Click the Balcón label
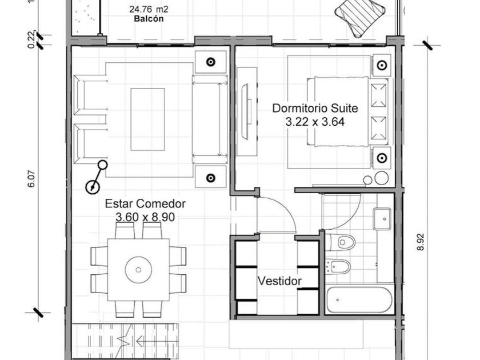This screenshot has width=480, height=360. [x=149, y=19]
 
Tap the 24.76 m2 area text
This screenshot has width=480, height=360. [x=149, y=9]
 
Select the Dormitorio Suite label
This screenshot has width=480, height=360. [x=315, y=109]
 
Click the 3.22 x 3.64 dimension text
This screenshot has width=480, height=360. [x=315, y=122]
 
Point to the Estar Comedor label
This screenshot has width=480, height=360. [x=145, y=203]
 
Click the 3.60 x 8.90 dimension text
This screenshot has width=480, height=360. [x=145, y=217]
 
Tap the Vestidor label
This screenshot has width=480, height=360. [x=279, y=281]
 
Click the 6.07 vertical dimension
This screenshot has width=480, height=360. [x=31, y=179]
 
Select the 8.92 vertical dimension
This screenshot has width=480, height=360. [x=421, y=242]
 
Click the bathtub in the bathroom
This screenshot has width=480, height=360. [x=359, y=299]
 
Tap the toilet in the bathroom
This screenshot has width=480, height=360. [x=341, y=242]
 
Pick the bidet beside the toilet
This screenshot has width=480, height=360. [x=338, y=267]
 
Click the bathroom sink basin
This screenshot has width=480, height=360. [x=382, y=219]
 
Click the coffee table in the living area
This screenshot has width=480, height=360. [x=147, y=119]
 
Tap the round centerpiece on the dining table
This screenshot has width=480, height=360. [x=138, y=270]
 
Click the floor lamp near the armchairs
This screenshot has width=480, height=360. [x=97, y=177]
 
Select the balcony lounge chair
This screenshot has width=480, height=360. [x=359, y=17]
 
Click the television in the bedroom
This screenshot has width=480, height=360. [x=246, y=112]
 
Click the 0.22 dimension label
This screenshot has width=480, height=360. [x=31, y=39]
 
